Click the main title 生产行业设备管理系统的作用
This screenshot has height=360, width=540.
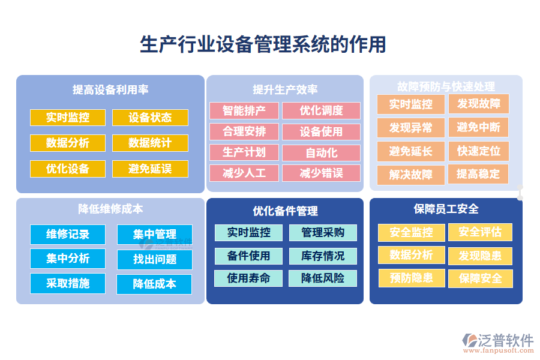point(263,44)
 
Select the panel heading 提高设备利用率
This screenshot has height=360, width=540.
point(110,90)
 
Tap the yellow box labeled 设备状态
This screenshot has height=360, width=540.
point(150,118)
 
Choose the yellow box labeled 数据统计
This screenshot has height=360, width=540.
point(150,143)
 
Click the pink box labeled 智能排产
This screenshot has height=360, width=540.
point(244,110)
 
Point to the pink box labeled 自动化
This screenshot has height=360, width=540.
point(321,153)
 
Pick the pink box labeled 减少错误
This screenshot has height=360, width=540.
point(321,173)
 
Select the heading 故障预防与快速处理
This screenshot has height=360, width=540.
point(446,86)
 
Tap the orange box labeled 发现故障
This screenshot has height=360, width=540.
point(478,104)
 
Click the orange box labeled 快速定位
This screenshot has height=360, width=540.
point(478,151)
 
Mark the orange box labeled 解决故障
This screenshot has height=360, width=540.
point(410,174)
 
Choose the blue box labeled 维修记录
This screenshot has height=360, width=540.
point(68,234)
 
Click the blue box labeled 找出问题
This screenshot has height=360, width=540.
point(155,260)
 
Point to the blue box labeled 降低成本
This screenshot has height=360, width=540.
point(155,284)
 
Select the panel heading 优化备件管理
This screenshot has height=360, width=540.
point(285,211)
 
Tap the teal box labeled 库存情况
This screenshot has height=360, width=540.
point(323,256)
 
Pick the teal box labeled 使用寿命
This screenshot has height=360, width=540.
point(248,278)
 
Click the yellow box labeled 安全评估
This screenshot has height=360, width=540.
point(480,232)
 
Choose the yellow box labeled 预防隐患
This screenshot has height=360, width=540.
point(411,278)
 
